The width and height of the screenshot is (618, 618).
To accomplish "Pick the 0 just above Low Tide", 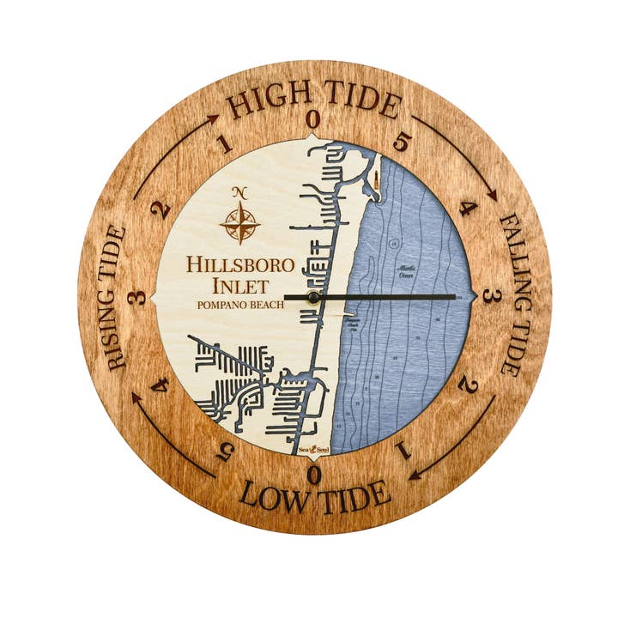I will tap(314, 475).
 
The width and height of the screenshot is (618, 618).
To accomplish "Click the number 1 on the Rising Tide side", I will tap(226, 144).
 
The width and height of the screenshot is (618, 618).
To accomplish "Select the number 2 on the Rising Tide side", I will tap(160, 209).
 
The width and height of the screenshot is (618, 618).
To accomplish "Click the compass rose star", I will tap(240, 222).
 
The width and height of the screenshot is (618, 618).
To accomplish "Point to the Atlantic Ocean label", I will tap(405, 270).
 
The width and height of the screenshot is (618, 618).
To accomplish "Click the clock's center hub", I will tap(313, 297).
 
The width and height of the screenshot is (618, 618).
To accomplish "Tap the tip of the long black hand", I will tap(455, 297).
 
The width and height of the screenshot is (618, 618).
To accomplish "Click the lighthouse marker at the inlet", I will tap(376, 180).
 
